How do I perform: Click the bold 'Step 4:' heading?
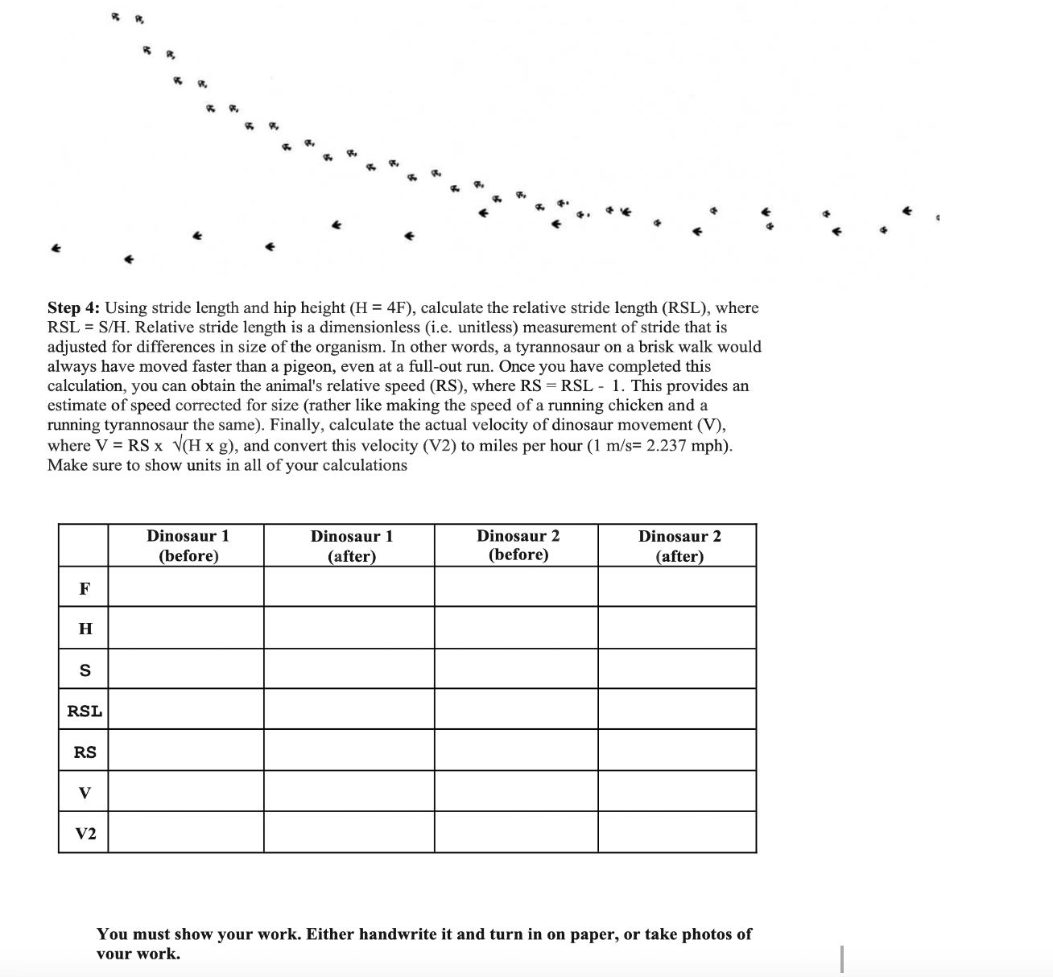click(74, 308)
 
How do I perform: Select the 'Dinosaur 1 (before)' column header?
click(188, 546)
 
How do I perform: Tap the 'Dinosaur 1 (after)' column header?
click(352, 546)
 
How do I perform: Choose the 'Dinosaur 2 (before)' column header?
click(518, 545)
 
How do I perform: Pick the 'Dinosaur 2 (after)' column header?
click(679, 546)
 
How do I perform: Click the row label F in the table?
click(85, 588)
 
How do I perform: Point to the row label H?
click(85, 629)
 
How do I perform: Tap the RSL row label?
click(85, 711)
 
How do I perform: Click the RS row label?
click(85, 752)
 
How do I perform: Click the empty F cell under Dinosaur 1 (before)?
click(186, 587)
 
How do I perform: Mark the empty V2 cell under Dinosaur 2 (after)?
click(677, 832)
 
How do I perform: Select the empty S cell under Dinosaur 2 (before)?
click(516, 669)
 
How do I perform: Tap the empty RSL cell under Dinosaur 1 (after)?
click(349, 709)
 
